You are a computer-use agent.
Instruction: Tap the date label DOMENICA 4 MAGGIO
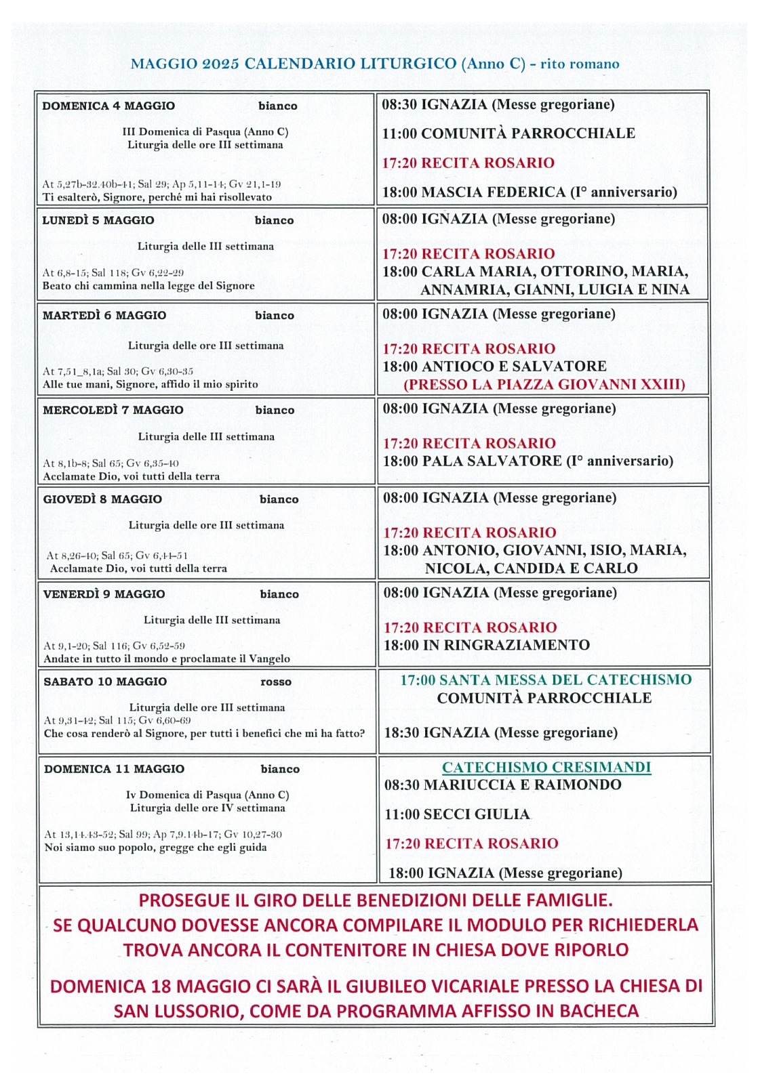coord(108,106)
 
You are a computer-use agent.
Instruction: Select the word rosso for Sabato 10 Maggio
coord(276,682)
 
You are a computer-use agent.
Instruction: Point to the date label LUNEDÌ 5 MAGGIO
coord(98,220)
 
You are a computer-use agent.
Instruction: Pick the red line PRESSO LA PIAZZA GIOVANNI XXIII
coord(544,385)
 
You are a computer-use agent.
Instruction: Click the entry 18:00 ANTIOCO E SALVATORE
coord(494,367)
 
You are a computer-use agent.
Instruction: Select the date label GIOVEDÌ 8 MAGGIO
coord(102,499)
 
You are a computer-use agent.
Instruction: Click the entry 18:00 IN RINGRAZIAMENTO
coord(487,645)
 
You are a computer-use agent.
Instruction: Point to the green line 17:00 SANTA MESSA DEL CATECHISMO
coord(546,680)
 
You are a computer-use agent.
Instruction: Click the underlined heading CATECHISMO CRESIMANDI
coord(546,768)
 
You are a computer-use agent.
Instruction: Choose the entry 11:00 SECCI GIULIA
coord(457,814)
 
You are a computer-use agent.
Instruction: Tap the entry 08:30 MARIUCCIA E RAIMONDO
coord(502,785)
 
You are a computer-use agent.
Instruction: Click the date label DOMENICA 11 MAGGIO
coord(114,769)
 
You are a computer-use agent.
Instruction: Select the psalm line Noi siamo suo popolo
coord(155,848)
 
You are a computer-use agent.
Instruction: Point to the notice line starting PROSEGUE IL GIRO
coord(376,900)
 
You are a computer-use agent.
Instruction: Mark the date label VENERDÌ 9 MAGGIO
coord(104,594)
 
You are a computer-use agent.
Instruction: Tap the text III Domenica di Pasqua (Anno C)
coord(205,132)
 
